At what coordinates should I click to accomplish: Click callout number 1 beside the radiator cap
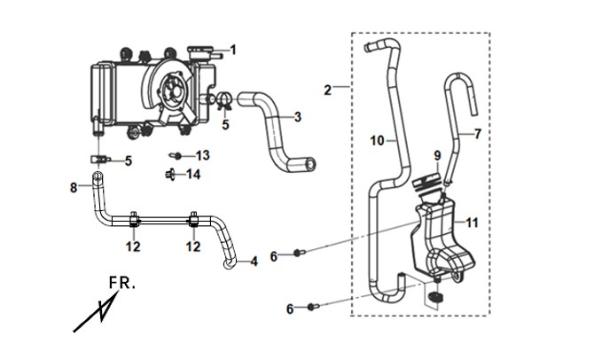click(x=233, y=50)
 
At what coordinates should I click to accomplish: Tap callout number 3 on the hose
click(x=298, y=117)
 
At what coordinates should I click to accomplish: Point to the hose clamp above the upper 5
click(x=224, y=100)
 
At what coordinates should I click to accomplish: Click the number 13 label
click(x=203, y=155)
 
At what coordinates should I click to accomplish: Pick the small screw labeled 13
click(x=176, y=155)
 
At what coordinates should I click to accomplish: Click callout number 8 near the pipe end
click(x=74, y=187)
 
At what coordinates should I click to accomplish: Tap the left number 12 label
click(x=133, y=247)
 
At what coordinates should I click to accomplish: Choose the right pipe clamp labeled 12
click(x=193, y=220)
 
